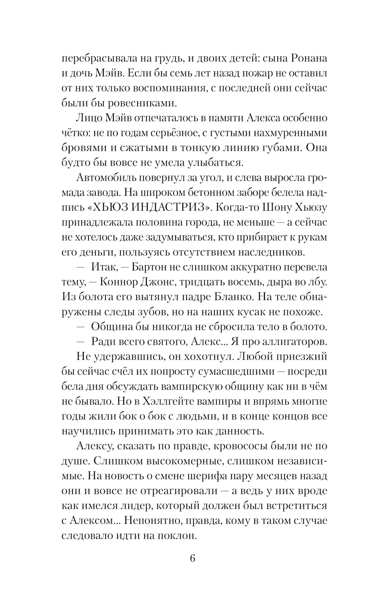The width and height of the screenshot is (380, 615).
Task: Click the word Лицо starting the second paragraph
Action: (x=88, y=118)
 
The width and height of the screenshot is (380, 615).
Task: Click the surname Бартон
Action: (x=149, y=268)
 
